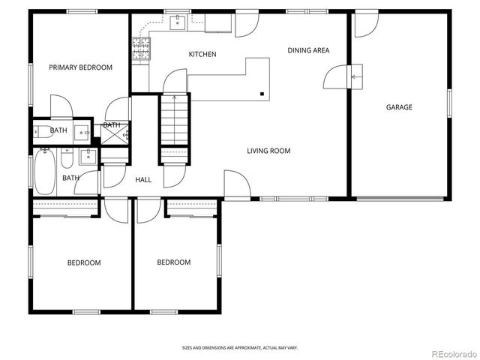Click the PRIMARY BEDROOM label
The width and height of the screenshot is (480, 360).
coord(80,67)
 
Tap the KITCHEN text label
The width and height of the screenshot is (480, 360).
coord(202,54)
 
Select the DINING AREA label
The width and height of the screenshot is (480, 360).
coord(308,50)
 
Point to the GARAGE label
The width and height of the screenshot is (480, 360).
coord(399,107)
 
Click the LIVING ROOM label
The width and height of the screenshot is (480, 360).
coord(268,151)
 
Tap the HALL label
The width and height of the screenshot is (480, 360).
coord(143,180)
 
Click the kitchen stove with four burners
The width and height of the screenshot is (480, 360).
coord(140,49)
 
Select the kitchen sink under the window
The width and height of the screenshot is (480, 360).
coord(178,23)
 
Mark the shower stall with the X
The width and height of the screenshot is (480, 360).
coord(115,135)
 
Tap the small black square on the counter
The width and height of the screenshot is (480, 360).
coord(262,94)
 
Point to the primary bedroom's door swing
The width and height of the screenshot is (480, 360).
coord(60,106)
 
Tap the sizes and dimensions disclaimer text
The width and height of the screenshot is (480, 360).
coord(239,347)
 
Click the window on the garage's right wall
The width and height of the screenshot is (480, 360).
coord(449,107)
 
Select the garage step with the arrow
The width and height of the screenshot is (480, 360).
coord(356,76)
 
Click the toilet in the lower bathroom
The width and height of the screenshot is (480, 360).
coord(67,159)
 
